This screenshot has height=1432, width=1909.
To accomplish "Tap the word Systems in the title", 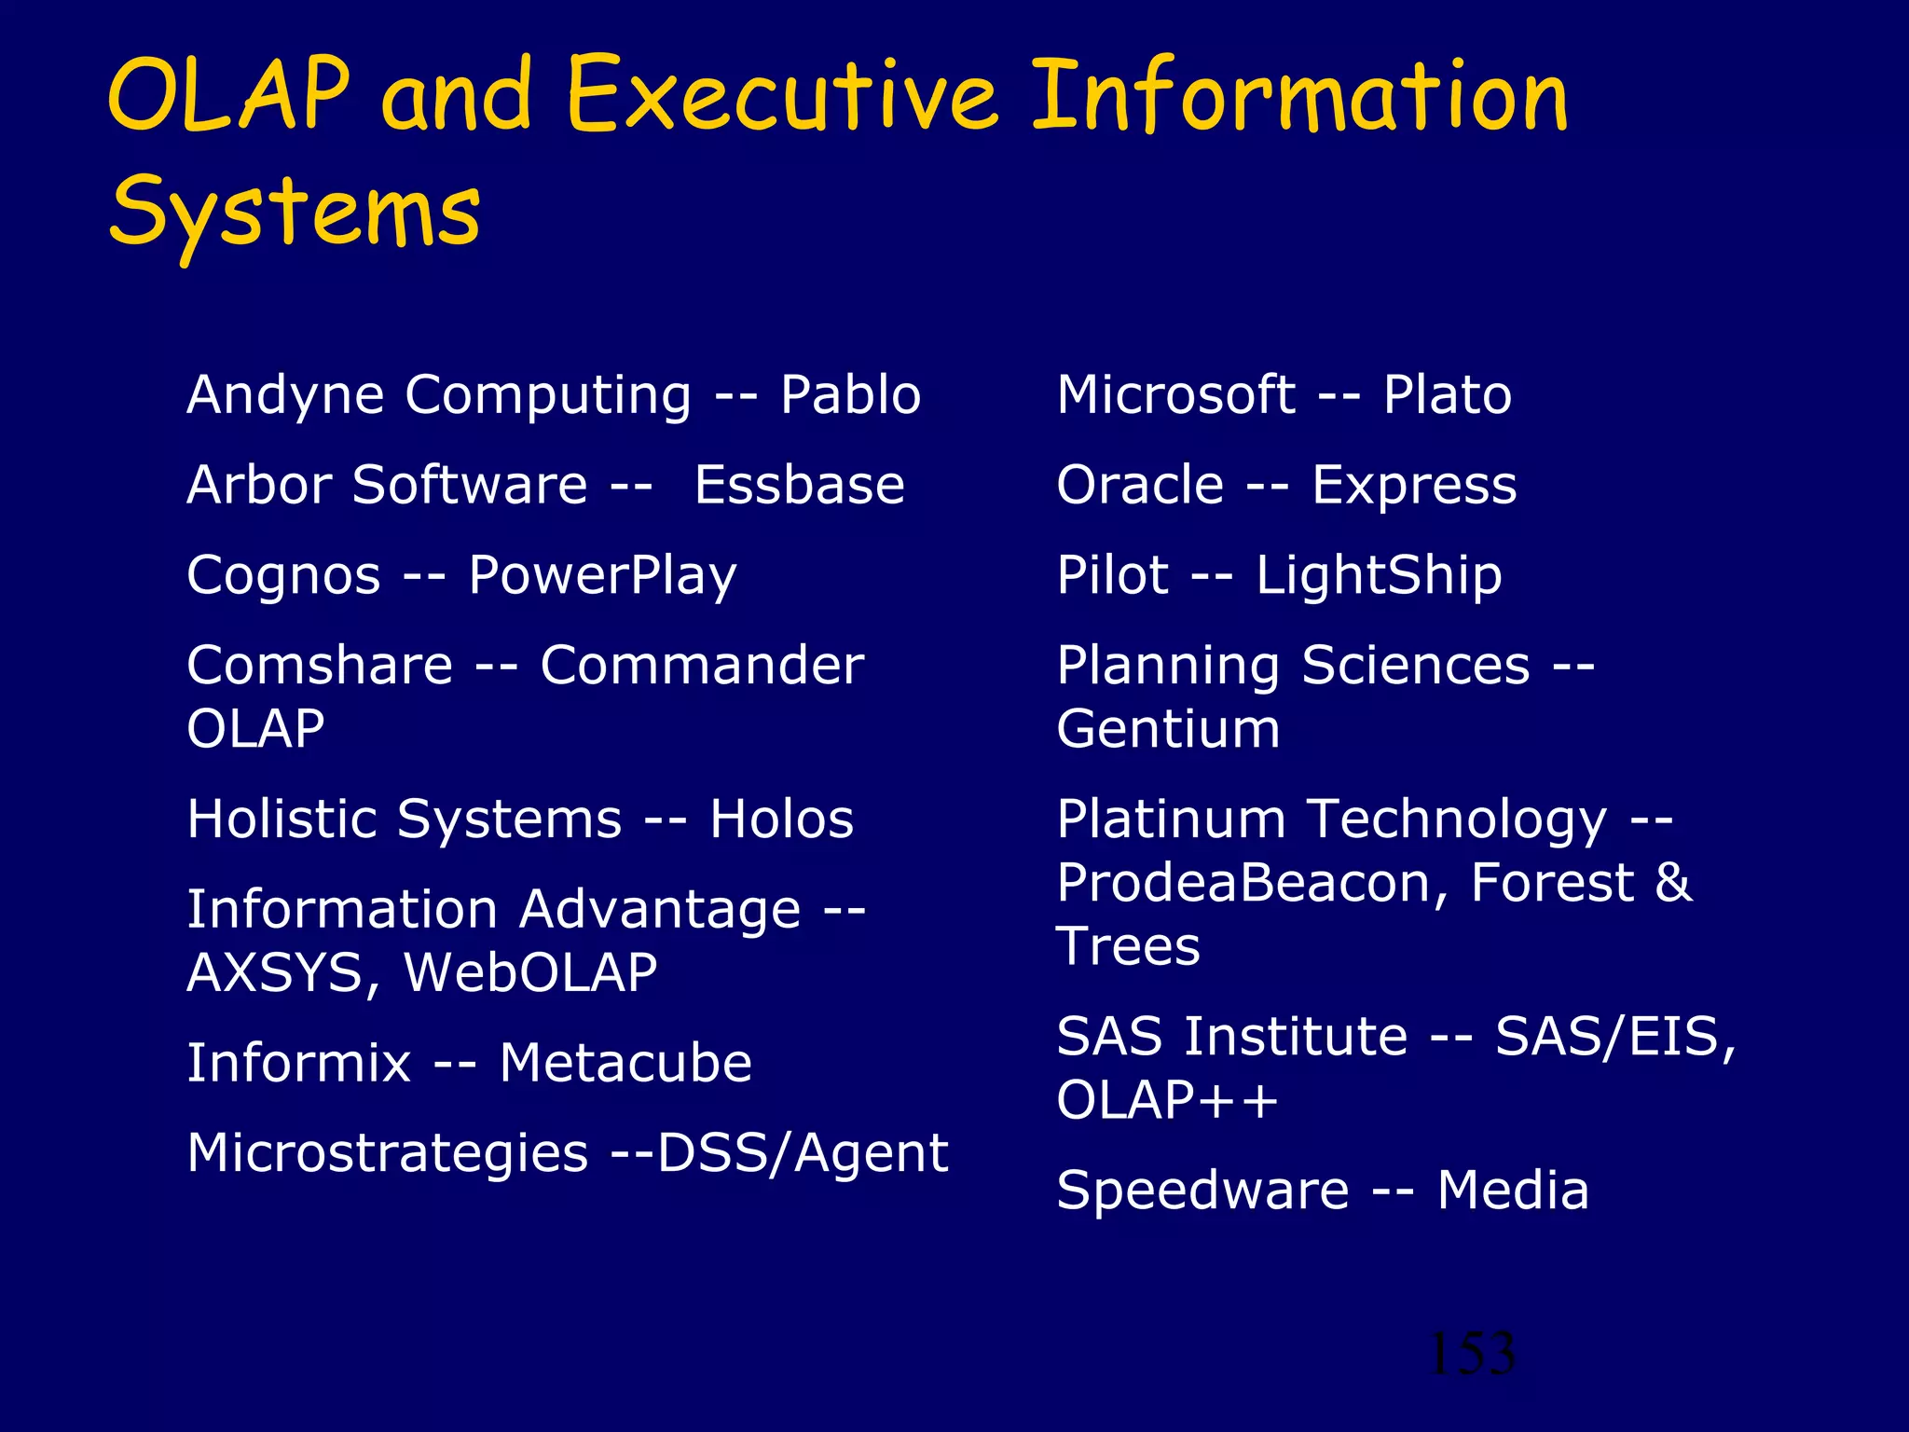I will pos(295,213).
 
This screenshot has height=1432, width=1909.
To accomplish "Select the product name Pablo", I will pos(850,394).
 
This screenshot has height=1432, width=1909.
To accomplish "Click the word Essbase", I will pos(799,485).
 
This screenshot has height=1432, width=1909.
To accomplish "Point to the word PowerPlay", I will pos(602,575).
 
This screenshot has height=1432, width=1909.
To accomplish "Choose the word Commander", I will pos(701,666).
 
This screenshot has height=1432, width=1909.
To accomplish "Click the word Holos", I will pos(781,819).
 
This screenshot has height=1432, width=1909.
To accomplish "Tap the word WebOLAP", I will pos(530,972).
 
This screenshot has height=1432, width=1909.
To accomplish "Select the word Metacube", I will pos(625,1063).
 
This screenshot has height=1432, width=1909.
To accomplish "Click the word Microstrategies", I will pos(387,1153).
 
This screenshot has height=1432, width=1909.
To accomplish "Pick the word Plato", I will pos(1447,394).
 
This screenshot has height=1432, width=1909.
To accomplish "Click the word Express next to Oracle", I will pos(1414,485).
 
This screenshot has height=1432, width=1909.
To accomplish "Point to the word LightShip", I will pos(1379,575).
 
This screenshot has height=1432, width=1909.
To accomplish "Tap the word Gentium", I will pos(1168,729).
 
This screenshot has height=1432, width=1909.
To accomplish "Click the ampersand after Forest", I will pos(1673,882).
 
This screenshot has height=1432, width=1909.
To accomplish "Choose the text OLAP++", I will pos(1167,1100).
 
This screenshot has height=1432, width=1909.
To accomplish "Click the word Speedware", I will pos(1202,1191).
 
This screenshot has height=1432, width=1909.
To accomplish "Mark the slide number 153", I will pos(1471,1354).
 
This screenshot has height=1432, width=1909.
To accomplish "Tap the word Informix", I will pos(298,1063).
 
